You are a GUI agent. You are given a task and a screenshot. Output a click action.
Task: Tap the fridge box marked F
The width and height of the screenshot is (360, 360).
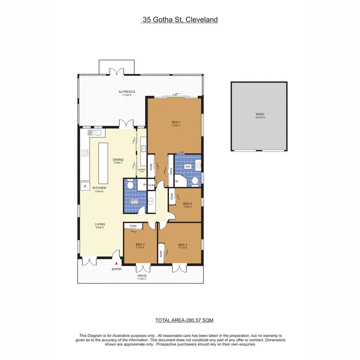pos(85,186)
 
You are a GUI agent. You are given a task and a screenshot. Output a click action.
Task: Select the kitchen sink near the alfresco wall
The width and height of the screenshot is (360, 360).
pos(96,132)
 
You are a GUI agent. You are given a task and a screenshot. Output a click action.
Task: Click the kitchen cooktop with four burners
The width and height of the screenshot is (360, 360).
pos(85,153)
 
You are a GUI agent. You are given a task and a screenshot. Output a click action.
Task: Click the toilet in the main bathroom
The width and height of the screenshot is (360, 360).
pos(130,185)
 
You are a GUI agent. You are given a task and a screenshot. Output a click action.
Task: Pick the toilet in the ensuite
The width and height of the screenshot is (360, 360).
pos(195,182)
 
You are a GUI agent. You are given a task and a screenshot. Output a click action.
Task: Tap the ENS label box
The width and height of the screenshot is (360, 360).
pos(188,166)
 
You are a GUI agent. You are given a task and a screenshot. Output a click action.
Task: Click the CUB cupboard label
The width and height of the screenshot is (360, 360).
pos(151,185)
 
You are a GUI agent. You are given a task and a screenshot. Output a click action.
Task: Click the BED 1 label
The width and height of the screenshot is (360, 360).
pos(177,122)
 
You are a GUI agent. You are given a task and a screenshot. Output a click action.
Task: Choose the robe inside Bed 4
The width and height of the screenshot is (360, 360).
pos(172,196)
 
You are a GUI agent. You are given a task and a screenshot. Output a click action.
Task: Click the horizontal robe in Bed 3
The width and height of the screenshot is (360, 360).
pos(133,226)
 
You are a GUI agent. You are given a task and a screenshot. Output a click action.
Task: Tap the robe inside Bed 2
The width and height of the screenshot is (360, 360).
pos(161,253)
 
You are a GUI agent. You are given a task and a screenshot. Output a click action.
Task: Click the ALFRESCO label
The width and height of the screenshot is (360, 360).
pos(126,92)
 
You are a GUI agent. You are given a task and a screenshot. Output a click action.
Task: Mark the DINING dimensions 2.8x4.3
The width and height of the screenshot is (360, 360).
pos(118,163)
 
